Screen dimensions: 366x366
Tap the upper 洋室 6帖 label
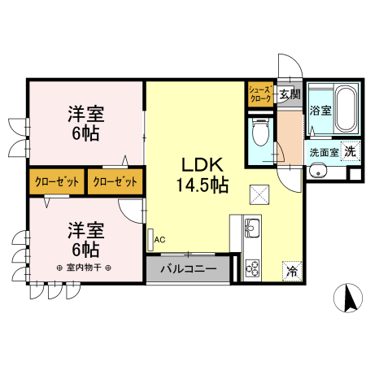(x=85, y=123)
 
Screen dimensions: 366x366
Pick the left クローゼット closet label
(x=57, y=181)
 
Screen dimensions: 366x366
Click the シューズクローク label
(x=260, y=94)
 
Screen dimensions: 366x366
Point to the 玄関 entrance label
(x=289, y=94)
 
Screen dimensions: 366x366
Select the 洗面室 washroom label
(x=324, y=151)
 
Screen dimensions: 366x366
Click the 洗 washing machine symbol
(x=349, y=150)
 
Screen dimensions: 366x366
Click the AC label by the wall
(x=159, y=240)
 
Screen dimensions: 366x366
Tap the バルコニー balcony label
(x=187, y=268)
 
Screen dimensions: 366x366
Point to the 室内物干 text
(x=85, y=267)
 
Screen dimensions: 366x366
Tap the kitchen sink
(x=251, y=228)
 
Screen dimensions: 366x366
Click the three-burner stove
(x=251, y=268)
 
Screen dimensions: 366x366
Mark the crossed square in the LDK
(x=259, y=194)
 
